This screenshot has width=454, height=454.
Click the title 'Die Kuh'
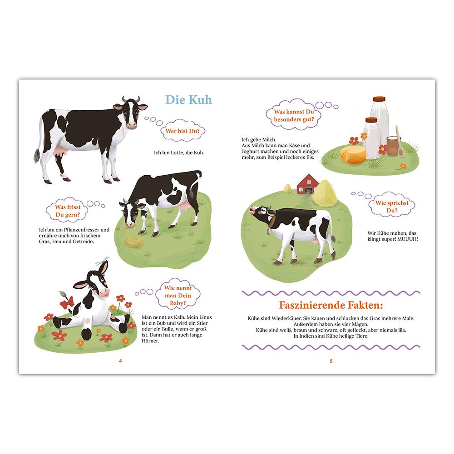pos(188,99)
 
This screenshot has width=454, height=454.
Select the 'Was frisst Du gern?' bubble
pos(64,210)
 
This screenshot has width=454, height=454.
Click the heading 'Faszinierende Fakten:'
pos(331,305)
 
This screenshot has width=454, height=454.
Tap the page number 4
pos(120,361)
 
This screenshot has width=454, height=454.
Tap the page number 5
pos(331,361)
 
